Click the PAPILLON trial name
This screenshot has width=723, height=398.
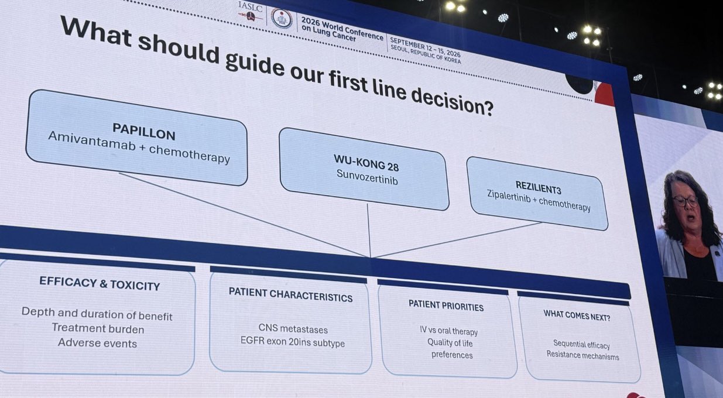pos(143,131)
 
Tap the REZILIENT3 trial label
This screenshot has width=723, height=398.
pos(538,187)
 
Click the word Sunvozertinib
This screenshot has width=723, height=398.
pos(367,177)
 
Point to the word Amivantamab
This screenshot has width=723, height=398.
pos(92,141)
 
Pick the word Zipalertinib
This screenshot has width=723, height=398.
pos(509,196)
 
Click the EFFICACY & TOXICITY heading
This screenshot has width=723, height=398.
pos(100,283)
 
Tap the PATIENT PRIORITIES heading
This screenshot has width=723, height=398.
pos(446,306)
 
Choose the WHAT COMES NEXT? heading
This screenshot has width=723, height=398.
pos(577,315)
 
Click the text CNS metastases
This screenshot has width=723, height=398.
pos(293,328)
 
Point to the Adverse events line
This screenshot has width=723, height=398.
pos(97,343)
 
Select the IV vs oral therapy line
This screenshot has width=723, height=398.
pos(448,331)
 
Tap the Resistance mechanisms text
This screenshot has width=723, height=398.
pos(582,355)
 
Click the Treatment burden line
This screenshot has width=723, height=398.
pos(98,328)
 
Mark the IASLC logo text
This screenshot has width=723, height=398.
pos(250,6)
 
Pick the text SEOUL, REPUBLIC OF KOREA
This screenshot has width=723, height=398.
pos(426,54)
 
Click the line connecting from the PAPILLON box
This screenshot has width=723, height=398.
pos(244,215)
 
